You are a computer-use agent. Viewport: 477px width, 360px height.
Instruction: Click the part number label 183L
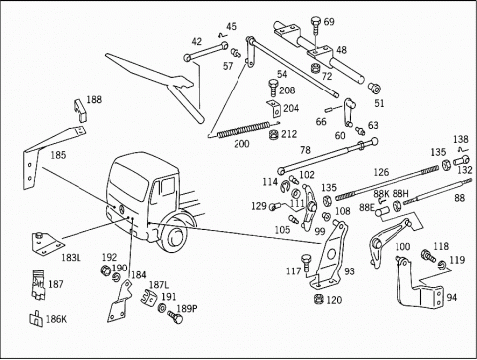[71, 258]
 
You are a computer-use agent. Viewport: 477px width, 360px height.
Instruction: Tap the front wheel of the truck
[174, 236]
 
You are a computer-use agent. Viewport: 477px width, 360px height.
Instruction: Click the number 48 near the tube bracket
[341, 50]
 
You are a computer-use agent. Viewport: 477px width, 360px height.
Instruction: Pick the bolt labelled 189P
[175, 317]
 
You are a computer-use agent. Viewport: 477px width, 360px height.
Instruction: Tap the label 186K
[56, 319]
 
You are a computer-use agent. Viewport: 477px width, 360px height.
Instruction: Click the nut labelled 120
[318, 299]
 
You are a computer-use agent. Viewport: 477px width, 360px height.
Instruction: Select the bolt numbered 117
[306, 264]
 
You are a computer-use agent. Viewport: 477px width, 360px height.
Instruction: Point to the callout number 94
[452, 297]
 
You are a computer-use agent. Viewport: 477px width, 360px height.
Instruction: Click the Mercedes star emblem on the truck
[121, 209]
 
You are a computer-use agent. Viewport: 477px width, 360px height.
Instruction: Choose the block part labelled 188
[79, 110]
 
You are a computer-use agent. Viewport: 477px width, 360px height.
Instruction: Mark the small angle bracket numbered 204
[274, 108]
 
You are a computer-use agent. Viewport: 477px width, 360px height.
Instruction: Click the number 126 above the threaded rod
[381, 172]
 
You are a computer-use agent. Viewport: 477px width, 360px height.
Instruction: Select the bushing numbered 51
[374, 89]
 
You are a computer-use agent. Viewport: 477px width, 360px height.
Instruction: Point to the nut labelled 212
[273, 135]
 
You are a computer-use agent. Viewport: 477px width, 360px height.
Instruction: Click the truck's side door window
[168, 187]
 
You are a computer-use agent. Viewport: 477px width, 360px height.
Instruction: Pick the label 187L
[159, 285]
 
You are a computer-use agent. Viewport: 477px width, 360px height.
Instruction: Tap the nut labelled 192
[105, 270]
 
